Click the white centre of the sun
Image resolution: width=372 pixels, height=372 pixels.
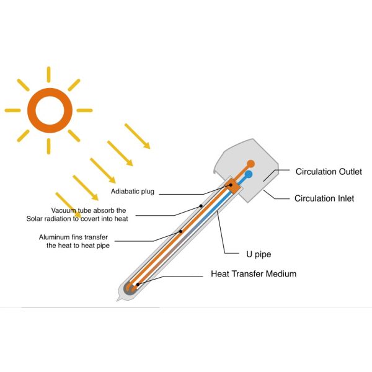coord(48,110)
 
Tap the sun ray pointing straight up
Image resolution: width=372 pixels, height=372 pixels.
coord(48,75)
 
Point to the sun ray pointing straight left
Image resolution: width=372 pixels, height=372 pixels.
coord(13,110)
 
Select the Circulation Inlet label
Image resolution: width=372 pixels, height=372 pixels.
coord(324,198)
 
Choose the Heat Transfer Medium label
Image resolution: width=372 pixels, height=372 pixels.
coord(254,273)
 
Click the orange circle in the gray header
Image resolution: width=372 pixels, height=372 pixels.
coord(251,164)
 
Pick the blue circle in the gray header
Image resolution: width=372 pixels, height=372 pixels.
coord(248,175)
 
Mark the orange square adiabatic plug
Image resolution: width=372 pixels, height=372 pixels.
coord(231,185)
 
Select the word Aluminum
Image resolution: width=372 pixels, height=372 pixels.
coord(55,237)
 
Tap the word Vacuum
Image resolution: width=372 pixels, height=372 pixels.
coord(64,210)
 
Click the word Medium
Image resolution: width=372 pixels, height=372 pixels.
coord(280,273)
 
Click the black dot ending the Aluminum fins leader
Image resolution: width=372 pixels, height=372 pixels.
coord(180,232)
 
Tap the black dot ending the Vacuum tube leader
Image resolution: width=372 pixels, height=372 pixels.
coord(201,205)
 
